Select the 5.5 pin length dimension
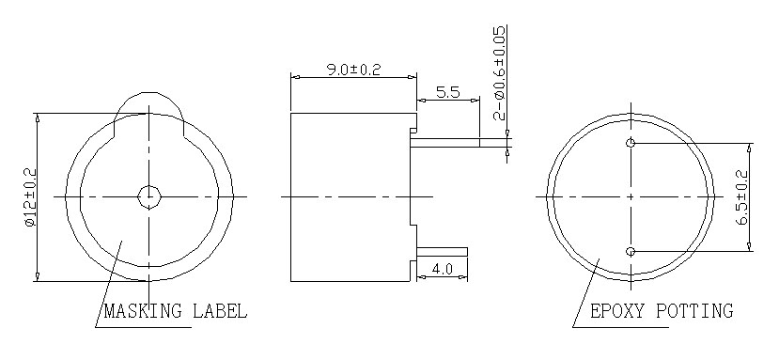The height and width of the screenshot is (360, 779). pos(448,92)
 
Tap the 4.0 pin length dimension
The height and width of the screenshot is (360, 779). pos(442,270)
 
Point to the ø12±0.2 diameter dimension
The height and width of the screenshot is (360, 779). pos(27,197)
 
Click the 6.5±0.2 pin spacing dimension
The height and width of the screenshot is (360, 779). pos(741,197)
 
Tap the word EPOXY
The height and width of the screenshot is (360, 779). pos(617,311)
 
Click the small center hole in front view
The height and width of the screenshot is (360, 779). pos(148,196)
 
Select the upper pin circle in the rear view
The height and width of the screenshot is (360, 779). pos(631,143)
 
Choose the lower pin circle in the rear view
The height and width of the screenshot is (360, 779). pos(631,251)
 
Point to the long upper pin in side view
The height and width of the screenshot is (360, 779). pos(460,143)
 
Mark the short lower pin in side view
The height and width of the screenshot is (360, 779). pos(442,251)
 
